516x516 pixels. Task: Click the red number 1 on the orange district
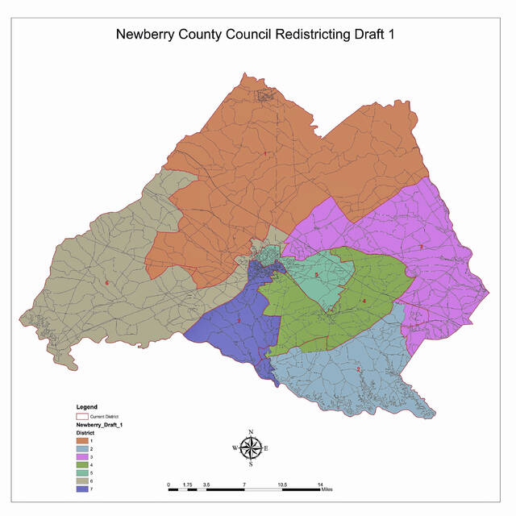[x=264, y=153]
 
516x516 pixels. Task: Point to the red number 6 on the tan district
[x=106, y=283]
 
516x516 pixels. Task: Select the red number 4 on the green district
[x=364, y=302]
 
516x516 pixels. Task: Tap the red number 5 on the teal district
[x=317, y=276]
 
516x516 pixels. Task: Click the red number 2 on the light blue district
[x=358, y=369]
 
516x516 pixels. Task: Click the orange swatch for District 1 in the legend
[x=83, y=441]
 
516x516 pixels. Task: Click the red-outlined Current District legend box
[x=83, y=415]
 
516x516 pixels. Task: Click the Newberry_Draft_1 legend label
[x=99, y=424]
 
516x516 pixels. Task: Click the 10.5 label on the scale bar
[x=282, y=485]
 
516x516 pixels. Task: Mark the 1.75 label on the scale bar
[x=187, y=485]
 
